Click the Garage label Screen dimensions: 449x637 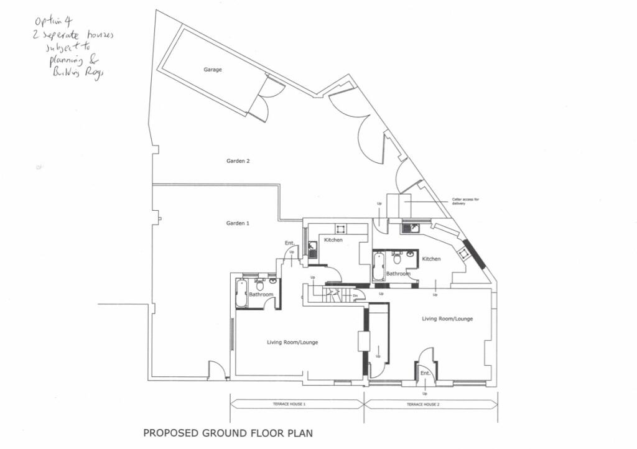[212, 70]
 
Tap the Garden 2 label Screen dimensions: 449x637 [238, 161]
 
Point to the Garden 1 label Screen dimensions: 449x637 [238, 223]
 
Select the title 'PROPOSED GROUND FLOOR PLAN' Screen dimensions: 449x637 [228, 433]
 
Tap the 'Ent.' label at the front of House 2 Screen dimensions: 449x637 [425, 373]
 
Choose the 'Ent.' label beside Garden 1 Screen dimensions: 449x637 [290, 243]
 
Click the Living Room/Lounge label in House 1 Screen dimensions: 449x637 [292, 342]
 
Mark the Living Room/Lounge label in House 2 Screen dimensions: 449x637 [447, 319]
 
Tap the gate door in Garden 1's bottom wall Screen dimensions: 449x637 [216, 371]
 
